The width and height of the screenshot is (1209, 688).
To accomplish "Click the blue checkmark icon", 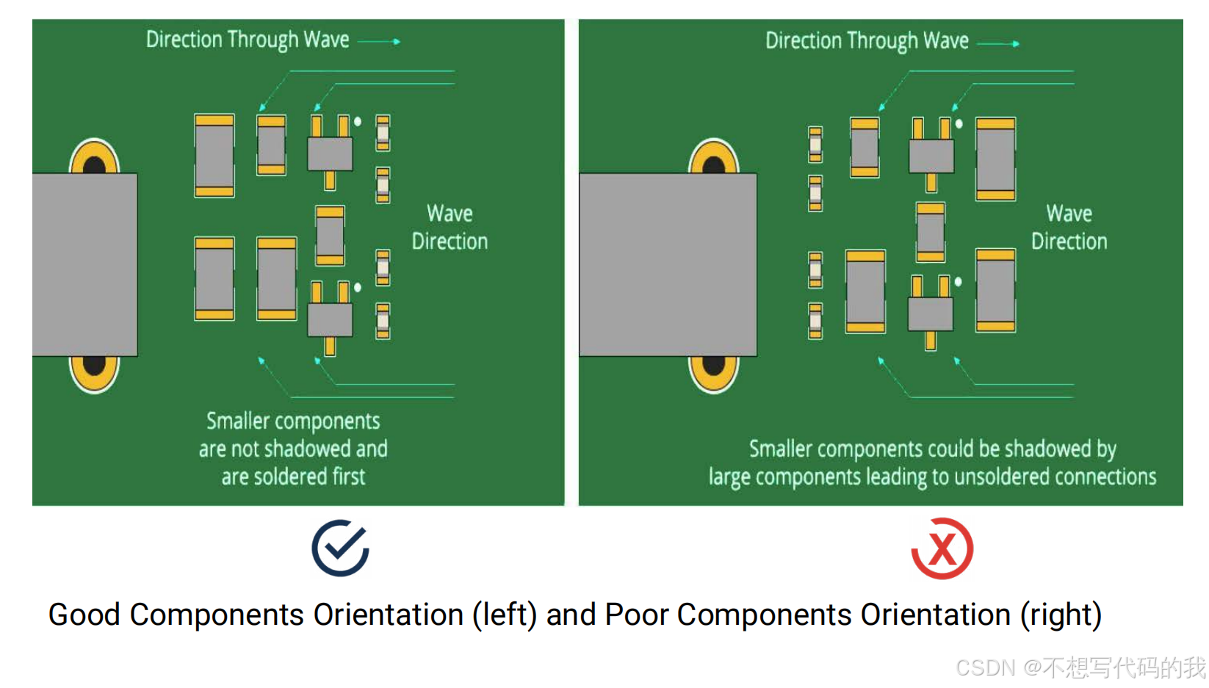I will click(340, 548).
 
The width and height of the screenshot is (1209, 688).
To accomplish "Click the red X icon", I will click(942, 548).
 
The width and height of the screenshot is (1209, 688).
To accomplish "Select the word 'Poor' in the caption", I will click(636, 615).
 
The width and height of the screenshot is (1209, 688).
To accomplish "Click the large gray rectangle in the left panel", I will click(85, 264).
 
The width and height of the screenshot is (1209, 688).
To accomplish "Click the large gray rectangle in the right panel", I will click(668, 264).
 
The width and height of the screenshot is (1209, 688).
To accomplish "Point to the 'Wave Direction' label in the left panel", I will click(450, 228).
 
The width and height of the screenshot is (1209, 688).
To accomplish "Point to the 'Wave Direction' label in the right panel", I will click(1069, 228).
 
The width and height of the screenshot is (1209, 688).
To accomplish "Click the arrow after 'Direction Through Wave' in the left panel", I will click(380, 42).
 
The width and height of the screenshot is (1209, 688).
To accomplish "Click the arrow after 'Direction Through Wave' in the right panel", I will click(999, 44).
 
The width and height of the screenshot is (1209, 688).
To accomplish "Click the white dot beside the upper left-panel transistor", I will click(358, 122).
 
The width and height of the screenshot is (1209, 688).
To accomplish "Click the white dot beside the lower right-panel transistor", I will click(958, 282).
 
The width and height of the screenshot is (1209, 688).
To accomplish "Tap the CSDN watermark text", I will click(1080, 667).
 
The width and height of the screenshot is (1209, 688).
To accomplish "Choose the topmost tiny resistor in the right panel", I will click(815, 144).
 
